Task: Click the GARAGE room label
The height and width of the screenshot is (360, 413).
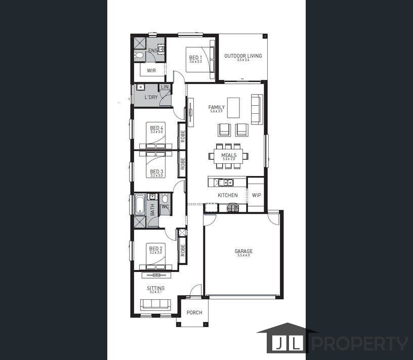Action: pos(243,251)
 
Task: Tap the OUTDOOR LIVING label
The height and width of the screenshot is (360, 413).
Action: pos(243,56)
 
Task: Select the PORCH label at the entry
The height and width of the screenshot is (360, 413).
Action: pos(194,312)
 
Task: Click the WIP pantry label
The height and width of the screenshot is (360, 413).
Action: pos(256,195)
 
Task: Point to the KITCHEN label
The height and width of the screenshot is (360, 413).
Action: pos(227,195)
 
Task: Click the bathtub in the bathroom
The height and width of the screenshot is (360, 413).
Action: pos(140,205)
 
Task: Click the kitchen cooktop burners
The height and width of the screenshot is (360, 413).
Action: pos(233,207)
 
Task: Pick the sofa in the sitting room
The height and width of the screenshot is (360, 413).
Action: pos(156,304)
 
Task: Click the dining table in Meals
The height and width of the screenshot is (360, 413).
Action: pos(228,156)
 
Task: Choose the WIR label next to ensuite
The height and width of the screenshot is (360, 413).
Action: pos(151,71)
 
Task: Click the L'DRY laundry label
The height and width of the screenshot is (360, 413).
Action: pos(151,97)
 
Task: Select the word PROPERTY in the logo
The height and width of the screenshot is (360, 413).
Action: pos(359,344)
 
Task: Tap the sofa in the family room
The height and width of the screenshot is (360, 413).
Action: pos(257,109)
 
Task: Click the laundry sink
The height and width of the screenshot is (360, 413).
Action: pos(140,87)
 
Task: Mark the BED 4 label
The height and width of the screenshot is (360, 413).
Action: pos(156,128)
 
